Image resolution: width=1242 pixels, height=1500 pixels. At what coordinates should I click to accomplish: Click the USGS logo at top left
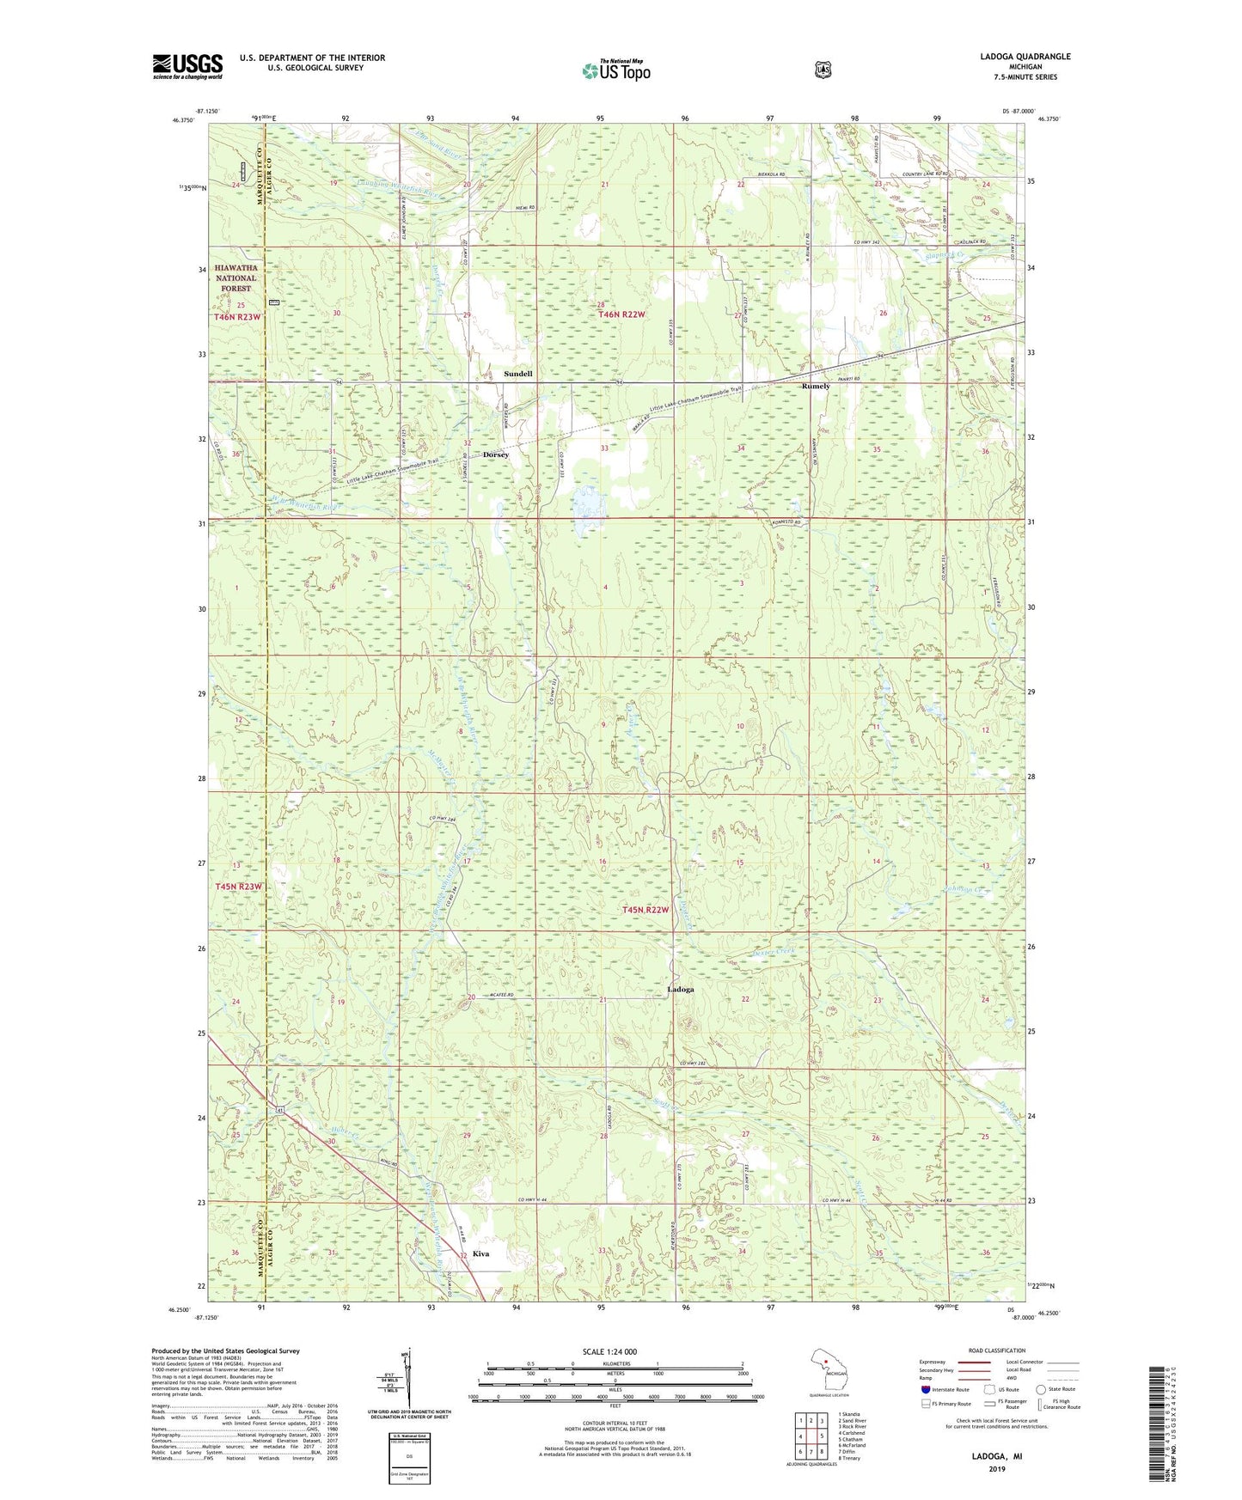point(187,65)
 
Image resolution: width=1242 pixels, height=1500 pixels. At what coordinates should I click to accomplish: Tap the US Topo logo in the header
point(615,70)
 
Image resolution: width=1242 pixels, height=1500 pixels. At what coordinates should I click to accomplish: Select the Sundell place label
point(518,374)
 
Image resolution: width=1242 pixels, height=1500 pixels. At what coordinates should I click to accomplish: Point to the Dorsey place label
point(496,454)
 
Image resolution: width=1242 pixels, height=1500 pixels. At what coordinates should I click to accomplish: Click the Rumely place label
point(816,387)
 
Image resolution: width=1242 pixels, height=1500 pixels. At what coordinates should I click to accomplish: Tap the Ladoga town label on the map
point(681,990)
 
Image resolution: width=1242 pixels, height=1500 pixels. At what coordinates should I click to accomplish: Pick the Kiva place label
point(481,1253)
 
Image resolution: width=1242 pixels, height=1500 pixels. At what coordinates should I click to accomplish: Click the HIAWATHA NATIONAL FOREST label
point(236,277)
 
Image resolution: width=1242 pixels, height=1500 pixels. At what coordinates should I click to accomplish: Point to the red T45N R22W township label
point(645,910)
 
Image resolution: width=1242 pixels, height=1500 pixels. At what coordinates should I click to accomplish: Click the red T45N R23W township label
point(237,886)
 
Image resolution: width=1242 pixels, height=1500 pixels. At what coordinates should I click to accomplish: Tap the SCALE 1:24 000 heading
point(609,1351)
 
